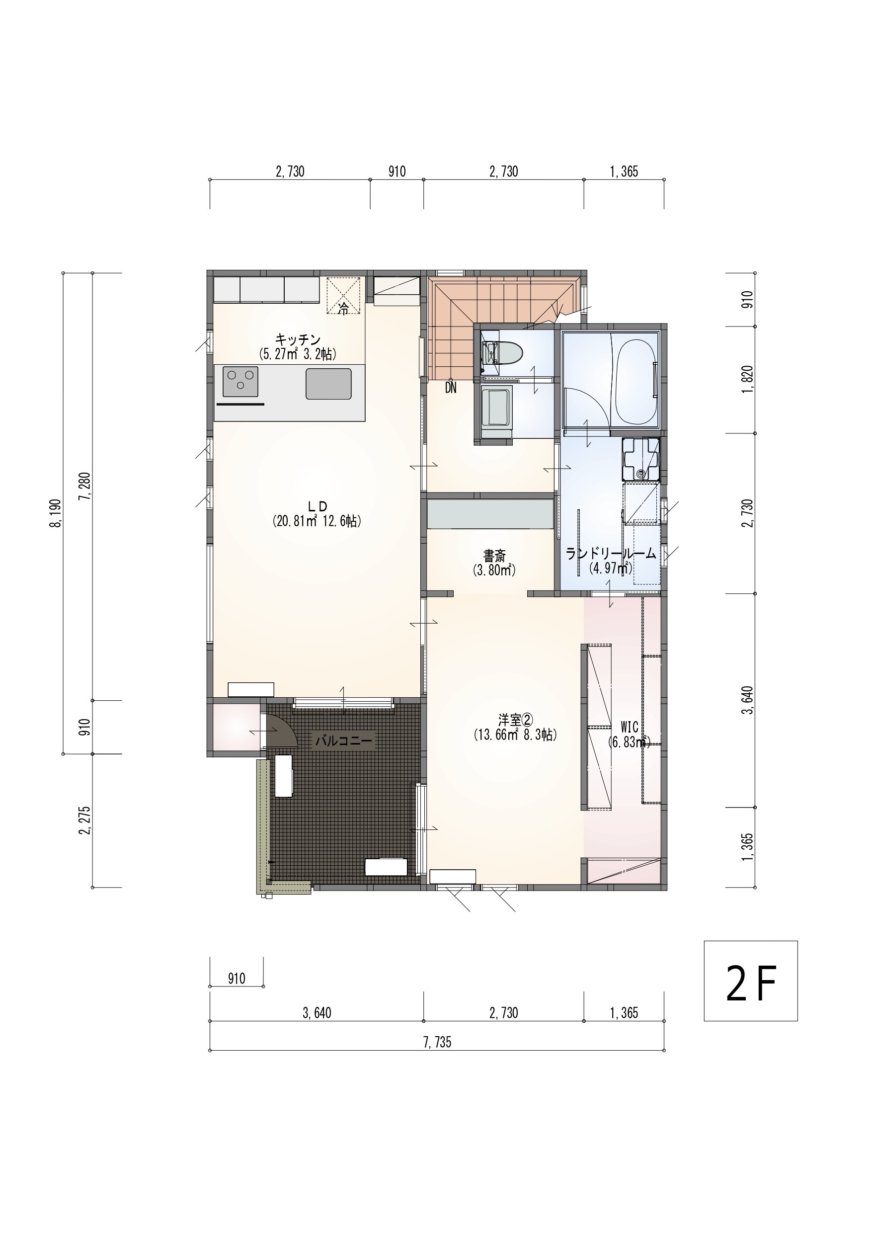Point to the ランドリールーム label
click(x=611, y=554)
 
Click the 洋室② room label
click(x=515, y=719)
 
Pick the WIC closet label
click(x=630, y=727)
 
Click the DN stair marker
click(x=451, y=388)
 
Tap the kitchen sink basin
click(x=328, y=384)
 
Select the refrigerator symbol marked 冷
click(x=344, y=295)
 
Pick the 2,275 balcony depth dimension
click(x=85, y=821)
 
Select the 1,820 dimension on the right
click(x=747, y=380)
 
